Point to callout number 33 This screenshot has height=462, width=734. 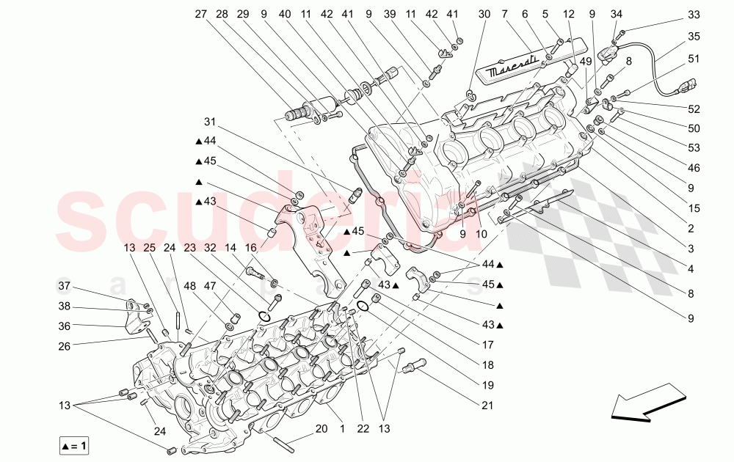pyautogui.click(x=694, y=14)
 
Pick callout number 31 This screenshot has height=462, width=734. pyautogui.click(x=211, y=122)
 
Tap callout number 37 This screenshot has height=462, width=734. pyautogui.click(x=64, y=285)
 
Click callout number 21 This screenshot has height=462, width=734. pyautogui.click(x=488, y=405)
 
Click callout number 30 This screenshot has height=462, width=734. pyautogui.click(x=484, y=14)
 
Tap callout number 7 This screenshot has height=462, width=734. pyautogui.click(x=504, y=14)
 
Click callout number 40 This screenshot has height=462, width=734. pyautogui.click(x=285, y=14)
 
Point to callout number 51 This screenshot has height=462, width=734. pyautogui.click(x=694, y=58)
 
